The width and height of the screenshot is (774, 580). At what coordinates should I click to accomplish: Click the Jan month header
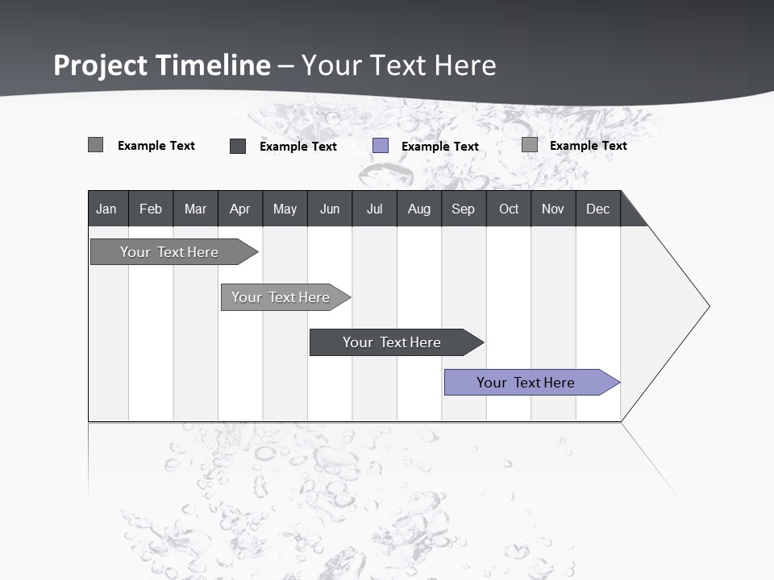pos(106,209)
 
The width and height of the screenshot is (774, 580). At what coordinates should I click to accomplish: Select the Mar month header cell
pos(195,209)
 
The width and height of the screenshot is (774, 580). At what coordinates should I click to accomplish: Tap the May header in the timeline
pos(285,209)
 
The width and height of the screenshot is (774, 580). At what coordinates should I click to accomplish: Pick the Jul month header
pos(374,209)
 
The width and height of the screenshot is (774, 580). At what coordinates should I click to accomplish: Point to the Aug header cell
pos(419,209)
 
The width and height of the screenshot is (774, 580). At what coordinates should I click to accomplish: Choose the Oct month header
pos(509,209)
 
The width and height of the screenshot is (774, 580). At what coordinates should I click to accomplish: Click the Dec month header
pos(598,209)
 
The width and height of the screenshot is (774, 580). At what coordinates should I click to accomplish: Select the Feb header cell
pos(151,209)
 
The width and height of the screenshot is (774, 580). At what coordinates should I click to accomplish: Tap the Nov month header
pos(553,209)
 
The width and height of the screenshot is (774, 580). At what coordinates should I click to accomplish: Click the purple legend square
pos(381,146)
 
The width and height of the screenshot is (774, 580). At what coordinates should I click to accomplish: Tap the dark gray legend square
pos(238,146)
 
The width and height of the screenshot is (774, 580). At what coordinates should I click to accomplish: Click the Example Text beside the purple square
pos(440,147)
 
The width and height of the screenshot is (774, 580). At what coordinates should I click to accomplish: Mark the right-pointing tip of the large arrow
pos(708,306)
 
